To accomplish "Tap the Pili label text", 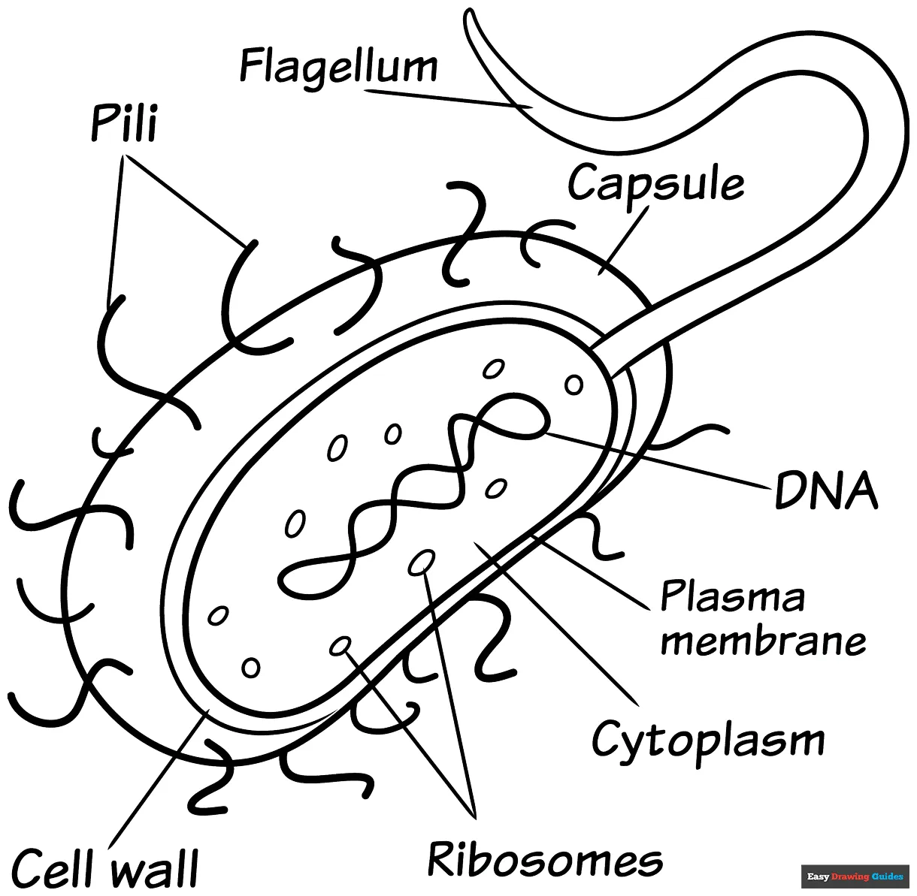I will (x=124, y=123).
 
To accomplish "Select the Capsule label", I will (x=655, y=183).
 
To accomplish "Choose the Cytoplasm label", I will (x=707, y=741).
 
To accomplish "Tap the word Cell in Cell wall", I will (x=56, y=867).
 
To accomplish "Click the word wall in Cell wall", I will (x=155, y=867).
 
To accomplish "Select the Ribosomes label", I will (x=545, y=858).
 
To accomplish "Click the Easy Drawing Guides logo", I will (x=855, y=876).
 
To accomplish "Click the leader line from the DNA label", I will (x=661, y=458).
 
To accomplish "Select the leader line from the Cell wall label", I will (x=154, y=781).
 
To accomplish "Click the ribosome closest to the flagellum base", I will (x=574, y=385).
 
